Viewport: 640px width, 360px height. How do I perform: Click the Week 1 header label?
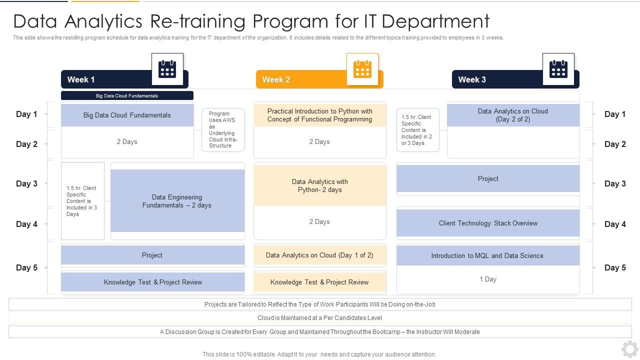(x=81, y=79)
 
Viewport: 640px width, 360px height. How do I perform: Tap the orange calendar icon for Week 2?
(x=362, y=69)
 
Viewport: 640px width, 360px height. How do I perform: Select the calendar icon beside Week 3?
(x=558, y=69)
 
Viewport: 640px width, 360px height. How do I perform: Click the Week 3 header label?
(x=472, y=79)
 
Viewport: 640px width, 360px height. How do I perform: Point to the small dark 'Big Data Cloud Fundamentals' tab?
(x=127, y=95)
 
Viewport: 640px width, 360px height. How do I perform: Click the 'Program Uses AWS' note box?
(x=223, y=130)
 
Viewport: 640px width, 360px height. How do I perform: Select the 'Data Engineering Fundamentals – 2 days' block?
(x=177, y=201)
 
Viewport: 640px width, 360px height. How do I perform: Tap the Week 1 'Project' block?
(x=152, y=255)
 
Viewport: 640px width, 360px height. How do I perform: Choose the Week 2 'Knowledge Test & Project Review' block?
(x=319, y=282)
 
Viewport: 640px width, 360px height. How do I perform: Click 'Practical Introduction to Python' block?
(x=320, y=115)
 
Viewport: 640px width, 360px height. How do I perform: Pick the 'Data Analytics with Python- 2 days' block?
(x=320, y=185)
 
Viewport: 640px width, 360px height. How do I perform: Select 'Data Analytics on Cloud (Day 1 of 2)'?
(x=319, y=255)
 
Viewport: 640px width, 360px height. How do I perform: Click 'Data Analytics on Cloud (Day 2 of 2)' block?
(x=513, y=115)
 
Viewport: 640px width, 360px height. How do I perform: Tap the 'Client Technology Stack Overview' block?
(x=488, y=223)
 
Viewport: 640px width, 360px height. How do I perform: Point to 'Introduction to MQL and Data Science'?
(x=487, y=255)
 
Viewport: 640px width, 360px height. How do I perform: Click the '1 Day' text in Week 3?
(x=488, y=279)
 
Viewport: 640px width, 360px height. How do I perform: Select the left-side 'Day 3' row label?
(x=26, y=183)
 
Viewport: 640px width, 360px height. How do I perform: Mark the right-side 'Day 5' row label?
(x=615, y=267)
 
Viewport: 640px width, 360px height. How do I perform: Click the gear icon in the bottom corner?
(x=629, y=349)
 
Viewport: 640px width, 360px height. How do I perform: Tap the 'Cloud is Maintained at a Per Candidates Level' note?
(x=320, y=317)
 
